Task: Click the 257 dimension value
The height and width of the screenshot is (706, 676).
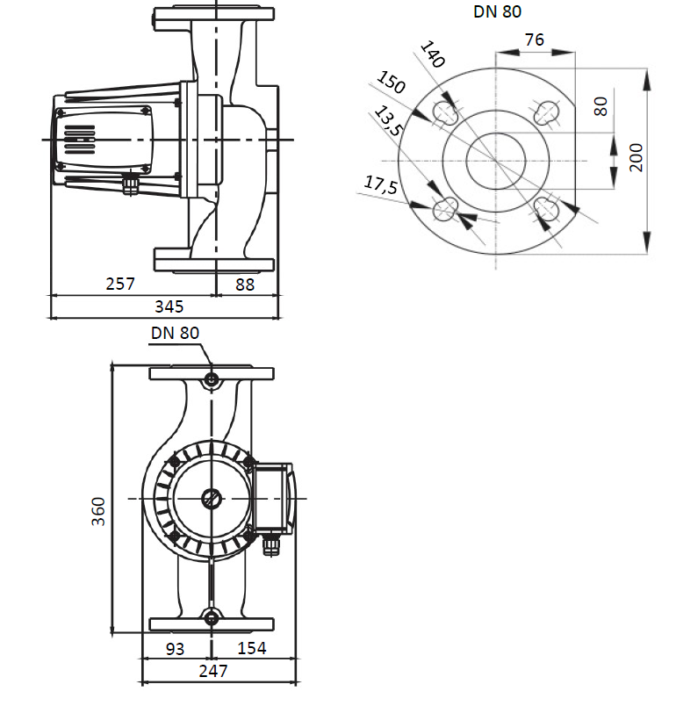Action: [x=120, y=284]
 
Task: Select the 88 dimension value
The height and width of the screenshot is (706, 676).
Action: [x=245, y=284]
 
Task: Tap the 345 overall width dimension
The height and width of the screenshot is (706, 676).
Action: [x=169, y=306]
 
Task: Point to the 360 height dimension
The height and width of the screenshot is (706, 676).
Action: [x=98, y=510]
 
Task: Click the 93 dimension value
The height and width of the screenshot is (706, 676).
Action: [x=176, y=648]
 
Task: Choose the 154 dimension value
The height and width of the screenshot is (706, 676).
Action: [x=251, y=648]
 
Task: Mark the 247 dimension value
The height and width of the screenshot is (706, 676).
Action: [x=212, y=671]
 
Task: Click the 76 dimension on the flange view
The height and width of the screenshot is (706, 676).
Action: [x=534, y=40]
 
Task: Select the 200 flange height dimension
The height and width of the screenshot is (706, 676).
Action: [x=637, y=157]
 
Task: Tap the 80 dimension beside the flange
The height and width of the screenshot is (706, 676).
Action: [x=600, y=106]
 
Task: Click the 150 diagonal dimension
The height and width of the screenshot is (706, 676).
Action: [x=392, y=84]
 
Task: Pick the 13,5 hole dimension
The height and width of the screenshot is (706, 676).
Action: [x=386, y=121]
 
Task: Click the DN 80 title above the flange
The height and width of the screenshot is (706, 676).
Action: [x=497, y=12]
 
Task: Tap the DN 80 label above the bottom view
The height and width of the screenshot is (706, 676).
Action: [x=176, y=333]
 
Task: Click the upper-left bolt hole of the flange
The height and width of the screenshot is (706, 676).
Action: [x=446, y=112]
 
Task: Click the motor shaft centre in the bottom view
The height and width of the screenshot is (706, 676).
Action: [x=212, y=498]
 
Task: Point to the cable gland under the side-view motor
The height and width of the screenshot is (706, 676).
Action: [x=132, y=182]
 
